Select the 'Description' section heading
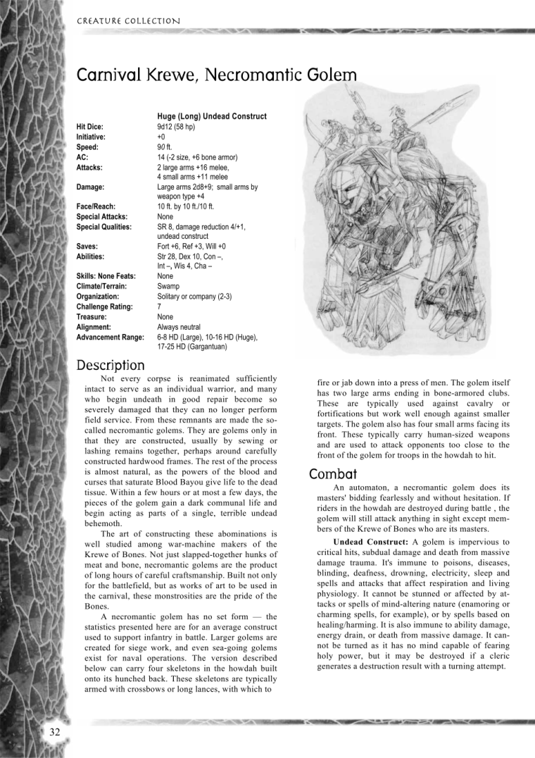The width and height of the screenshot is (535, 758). coord(110,365)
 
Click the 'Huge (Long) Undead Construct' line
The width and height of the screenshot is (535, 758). coord(212,116)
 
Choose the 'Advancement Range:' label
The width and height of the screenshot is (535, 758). coord(110,337)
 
